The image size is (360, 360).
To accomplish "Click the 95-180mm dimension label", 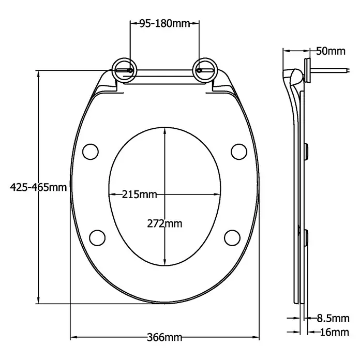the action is coord(165,23).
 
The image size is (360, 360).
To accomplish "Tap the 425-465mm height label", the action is coord(38,187).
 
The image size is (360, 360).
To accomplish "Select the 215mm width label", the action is coord(139,194).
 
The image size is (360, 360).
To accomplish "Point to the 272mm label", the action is coord(164,223).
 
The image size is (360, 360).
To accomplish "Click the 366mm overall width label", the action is coord(164,337).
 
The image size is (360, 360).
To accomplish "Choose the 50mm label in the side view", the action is coord(331,51).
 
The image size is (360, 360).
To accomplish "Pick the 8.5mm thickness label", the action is coord(333,319).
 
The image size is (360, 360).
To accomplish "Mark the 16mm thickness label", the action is coord(334,332).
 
